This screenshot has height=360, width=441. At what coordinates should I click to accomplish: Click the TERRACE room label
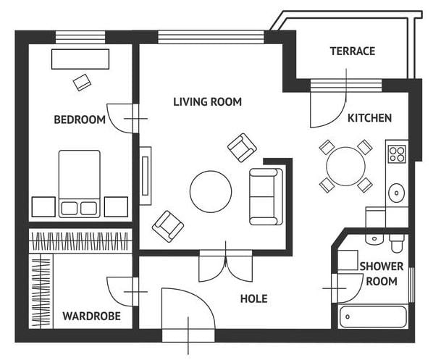(353, 51)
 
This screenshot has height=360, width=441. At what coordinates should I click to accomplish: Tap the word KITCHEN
(369, 118)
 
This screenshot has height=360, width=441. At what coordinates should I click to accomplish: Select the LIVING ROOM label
(208, 102)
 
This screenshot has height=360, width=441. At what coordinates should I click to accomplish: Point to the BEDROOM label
(80, 120)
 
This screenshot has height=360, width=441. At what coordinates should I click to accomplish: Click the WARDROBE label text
(92, 316)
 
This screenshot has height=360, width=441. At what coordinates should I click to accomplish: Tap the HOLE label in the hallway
(254, 298)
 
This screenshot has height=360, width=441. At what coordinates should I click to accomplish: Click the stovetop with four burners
(397, 154)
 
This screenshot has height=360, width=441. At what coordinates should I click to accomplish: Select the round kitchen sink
(397, 193)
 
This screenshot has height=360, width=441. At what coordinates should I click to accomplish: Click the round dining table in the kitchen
(346, 166)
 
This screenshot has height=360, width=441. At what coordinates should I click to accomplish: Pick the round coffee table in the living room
(211, 191)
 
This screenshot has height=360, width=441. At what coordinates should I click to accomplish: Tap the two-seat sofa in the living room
(266, 196)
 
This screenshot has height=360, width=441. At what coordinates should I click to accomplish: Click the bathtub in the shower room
(373, 317)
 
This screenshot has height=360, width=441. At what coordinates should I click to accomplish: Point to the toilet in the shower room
(397, 243)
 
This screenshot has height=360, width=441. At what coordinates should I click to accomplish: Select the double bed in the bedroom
(80, 184)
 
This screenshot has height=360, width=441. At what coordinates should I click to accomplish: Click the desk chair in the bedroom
(82, 83)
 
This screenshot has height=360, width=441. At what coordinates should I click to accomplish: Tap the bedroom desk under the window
(80, 59)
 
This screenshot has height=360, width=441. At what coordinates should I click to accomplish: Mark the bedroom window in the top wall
(80, 37)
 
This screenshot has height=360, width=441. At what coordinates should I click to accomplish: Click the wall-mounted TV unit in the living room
(146, 176)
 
